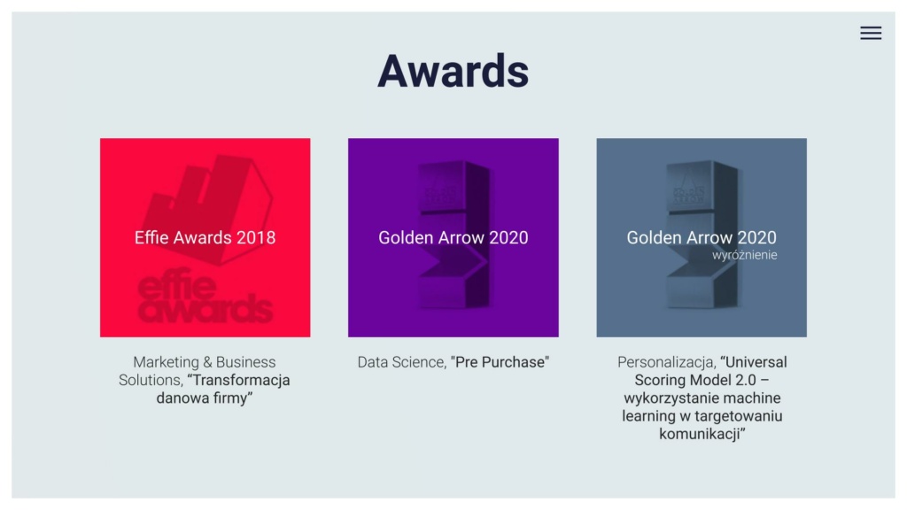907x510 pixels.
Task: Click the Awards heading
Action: (453, 71)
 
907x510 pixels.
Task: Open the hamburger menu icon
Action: (871, 33)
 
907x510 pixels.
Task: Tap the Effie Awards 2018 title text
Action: (205, 237)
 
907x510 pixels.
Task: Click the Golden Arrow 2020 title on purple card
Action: (453, 237)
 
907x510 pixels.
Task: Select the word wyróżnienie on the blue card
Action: (744, 255)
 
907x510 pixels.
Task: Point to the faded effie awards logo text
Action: (205, 296)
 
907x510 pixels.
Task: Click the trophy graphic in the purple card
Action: (453, 234)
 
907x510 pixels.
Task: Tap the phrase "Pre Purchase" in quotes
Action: (500, 362)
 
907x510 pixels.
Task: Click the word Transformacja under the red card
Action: (239, 380)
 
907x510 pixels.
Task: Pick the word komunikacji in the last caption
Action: (702, 434)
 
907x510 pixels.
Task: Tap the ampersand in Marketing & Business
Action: (206, 362)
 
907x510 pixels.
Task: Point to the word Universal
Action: (754, 362)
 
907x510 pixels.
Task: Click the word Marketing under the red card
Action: (165, 362)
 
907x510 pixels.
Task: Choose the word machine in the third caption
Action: (752, 398)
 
